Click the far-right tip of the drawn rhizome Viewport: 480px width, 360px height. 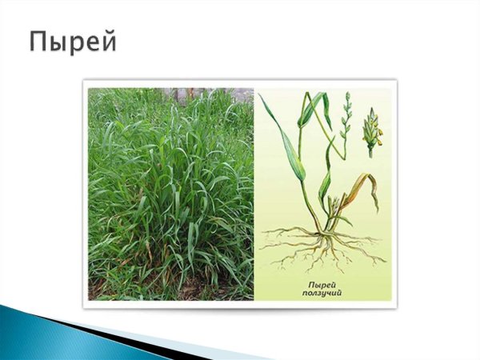(385, 260)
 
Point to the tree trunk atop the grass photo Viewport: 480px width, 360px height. (182, 94)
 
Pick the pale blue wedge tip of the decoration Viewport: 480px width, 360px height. (232, 352)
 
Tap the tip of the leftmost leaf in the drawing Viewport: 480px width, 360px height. (259, 97)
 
